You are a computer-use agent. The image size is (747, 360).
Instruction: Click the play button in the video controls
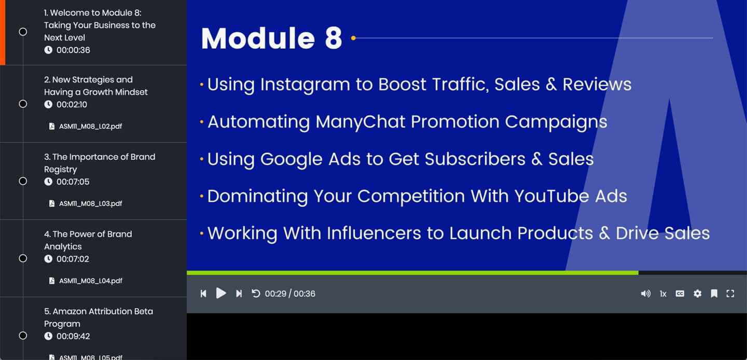[x=221, y=293]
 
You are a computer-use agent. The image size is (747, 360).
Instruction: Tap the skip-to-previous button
[x=203, y=293]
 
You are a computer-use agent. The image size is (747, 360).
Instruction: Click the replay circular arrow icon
[x=256, y=293]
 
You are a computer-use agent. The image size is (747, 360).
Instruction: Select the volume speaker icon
[x=646, y=293]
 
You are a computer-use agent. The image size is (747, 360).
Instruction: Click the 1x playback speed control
[x=663, y=294]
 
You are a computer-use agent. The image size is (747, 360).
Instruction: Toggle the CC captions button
[x=680, y=293]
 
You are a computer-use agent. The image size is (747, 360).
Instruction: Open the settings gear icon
[x=697, y=293]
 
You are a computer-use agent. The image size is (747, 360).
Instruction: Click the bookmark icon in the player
[x=714, y=293]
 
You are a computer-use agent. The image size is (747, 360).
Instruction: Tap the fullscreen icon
[x=730, y=293]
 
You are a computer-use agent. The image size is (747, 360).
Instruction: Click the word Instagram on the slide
[x=305, y=85]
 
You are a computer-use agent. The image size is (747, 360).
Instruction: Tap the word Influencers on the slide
[x=374, y=233]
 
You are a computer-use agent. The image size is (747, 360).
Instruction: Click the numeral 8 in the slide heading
[x=333, y=38]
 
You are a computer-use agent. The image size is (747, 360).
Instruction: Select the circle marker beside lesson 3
[x=23, y=181]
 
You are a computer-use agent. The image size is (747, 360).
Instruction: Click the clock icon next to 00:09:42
[x=48, y=336]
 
